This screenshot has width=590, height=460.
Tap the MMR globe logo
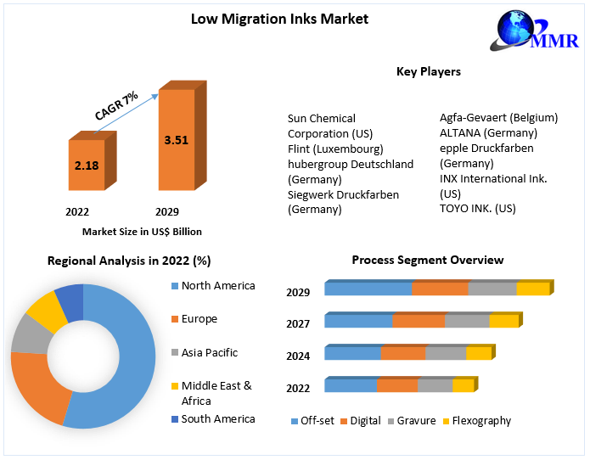519,31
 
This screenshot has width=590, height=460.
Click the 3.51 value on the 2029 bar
177,140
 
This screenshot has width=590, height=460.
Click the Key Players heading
429,71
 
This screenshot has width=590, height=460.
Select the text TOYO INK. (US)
478,208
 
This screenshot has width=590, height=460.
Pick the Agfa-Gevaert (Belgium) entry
498,118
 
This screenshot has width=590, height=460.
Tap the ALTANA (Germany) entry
488,132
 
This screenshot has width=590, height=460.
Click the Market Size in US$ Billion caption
142,231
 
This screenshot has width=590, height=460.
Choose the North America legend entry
217,286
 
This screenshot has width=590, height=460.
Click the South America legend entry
217,418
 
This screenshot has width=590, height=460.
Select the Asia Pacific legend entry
209,352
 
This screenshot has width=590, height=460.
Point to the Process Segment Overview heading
428,260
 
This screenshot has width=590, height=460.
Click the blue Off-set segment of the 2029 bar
368,289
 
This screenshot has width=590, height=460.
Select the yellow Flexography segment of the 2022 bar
463,386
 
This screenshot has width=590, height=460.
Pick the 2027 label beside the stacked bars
298,324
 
